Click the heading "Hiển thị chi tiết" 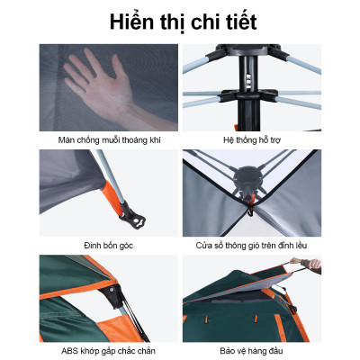click(180, 20)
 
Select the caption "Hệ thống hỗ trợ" click(258, 140)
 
